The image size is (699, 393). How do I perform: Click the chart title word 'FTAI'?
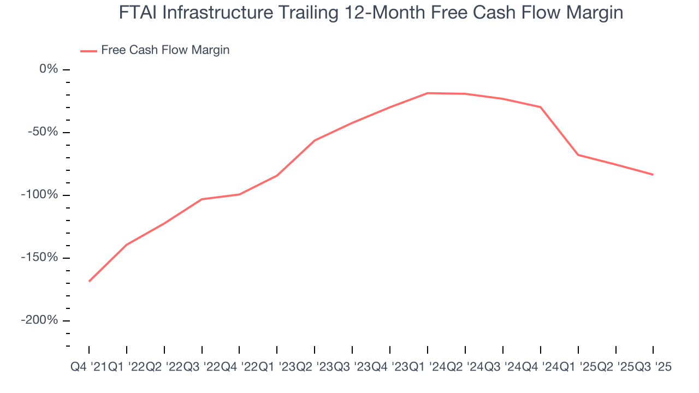[x=138, y=13]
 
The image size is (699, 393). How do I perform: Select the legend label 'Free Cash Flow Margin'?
[x=165, y=50]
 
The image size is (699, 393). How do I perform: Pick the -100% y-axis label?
[x=39, y=195]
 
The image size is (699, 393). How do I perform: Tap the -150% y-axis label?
[x=39, y=258]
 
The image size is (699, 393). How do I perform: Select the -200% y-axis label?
[x=39, y=320]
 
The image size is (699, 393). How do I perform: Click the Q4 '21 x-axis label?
[x=88, y=367]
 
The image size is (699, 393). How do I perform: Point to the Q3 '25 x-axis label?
[x=653, y=367]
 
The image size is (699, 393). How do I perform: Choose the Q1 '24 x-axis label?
[x=428, y=367]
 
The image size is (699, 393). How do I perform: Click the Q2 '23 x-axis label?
[x=315, y=367]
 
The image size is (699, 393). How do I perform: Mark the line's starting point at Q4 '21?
[x=89, y=281]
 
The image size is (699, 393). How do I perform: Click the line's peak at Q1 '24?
[x=428, y=93]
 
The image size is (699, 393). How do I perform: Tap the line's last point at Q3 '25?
[x=653, y=175]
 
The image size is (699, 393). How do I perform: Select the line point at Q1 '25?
[x=578, y=155]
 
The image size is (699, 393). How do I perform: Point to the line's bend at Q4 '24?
[x=541, y=107]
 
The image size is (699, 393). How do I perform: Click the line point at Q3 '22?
[x=202, y=199]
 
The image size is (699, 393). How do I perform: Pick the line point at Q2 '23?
[x=315, y=140]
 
